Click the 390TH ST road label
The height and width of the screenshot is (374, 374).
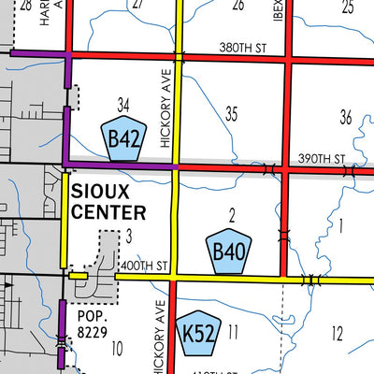(x=322, y=159)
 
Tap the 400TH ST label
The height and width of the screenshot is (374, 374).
(x=142, y=266)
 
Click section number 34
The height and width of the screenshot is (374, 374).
(x=123, y=102)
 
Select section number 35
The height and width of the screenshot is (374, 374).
(x=231, y=114)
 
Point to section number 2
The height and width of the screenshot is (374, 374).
(x=230, y=215)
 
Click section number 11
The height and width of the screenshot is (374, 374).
(x=233, y=331)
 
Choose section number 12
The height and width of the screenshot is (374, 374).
(x=337, y=333)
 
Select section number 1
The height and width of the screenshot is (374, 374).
(x=341, y=224)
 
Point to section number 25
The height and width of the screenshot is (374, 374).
(x=347, y=7)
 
